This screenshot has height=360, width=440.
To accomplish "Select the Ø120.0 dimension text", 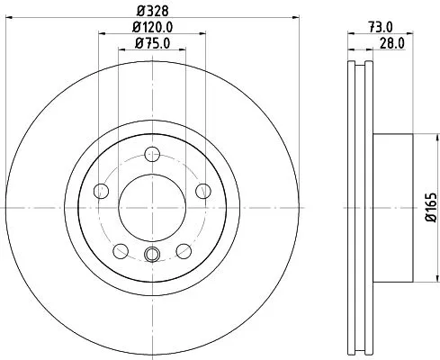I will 152,29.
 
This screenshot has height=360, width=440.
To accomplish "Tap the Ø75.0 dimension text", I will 152,43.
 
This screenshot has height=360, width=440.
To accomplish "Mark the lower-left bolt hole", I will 120,250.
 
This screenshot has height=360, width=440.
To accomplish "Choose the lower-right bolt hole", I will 184,250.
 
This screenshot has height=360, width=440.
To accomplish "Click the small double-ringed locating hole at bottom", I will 151,255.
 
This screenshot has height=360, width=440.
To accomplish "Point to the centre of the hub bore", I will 151,206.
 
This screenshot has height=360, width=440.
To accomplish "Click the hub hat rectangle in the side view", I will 392,206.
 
